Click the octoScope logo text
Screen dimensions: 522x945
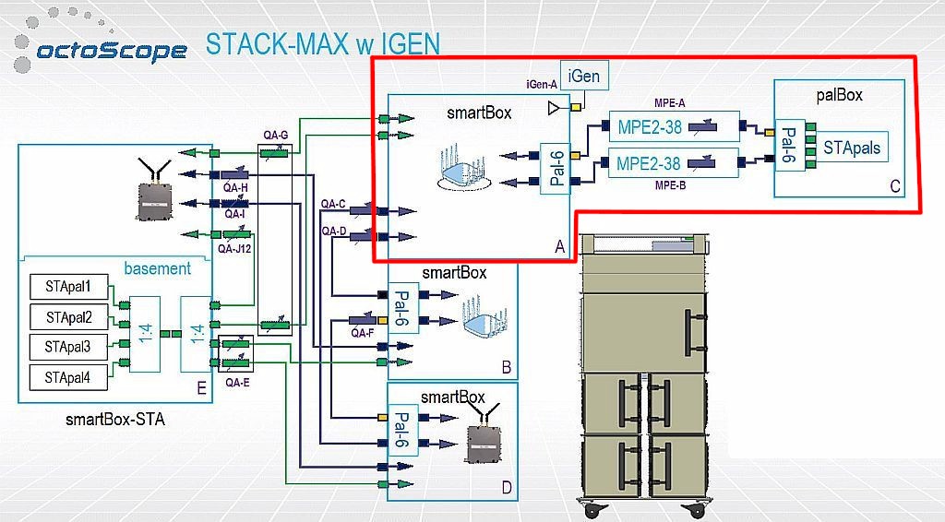coord(111,50)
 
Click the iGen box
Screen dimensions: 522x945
coord(584,76)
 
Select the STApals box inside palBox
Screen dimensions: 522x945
coord(851,148)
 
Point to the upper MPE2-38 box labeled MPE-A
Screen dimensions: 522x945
coord(674,125)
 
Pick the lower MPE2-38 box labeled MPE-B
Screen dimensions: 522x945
coord(674,164)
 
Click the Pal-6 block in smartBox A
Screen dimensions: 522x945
coord(554,162)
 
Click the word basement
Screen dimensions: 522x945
coord(157,268)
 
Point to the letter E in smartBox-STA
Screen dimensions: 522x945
coord(200,386)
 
